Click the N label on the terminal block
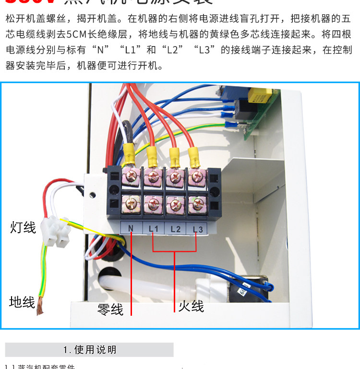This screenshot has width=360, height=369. click(130, 229)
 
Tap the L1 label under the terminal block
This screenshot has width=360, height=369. click(153, 229)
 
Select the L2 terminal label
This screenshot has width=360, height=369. click(175, 229)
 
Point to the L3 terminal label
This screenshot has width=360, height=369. click(197, 229)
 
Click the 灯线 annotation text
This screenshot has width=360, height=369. click(23, 227)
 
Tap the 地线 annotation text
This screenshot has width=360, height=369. click(22, 302)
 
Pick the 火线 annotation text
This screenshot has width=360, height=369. click(191, 306)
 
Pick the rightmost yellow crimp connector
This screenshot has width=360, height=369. click(193, 154)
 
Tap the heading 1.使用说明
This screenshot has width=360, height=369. click(89, 350)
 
